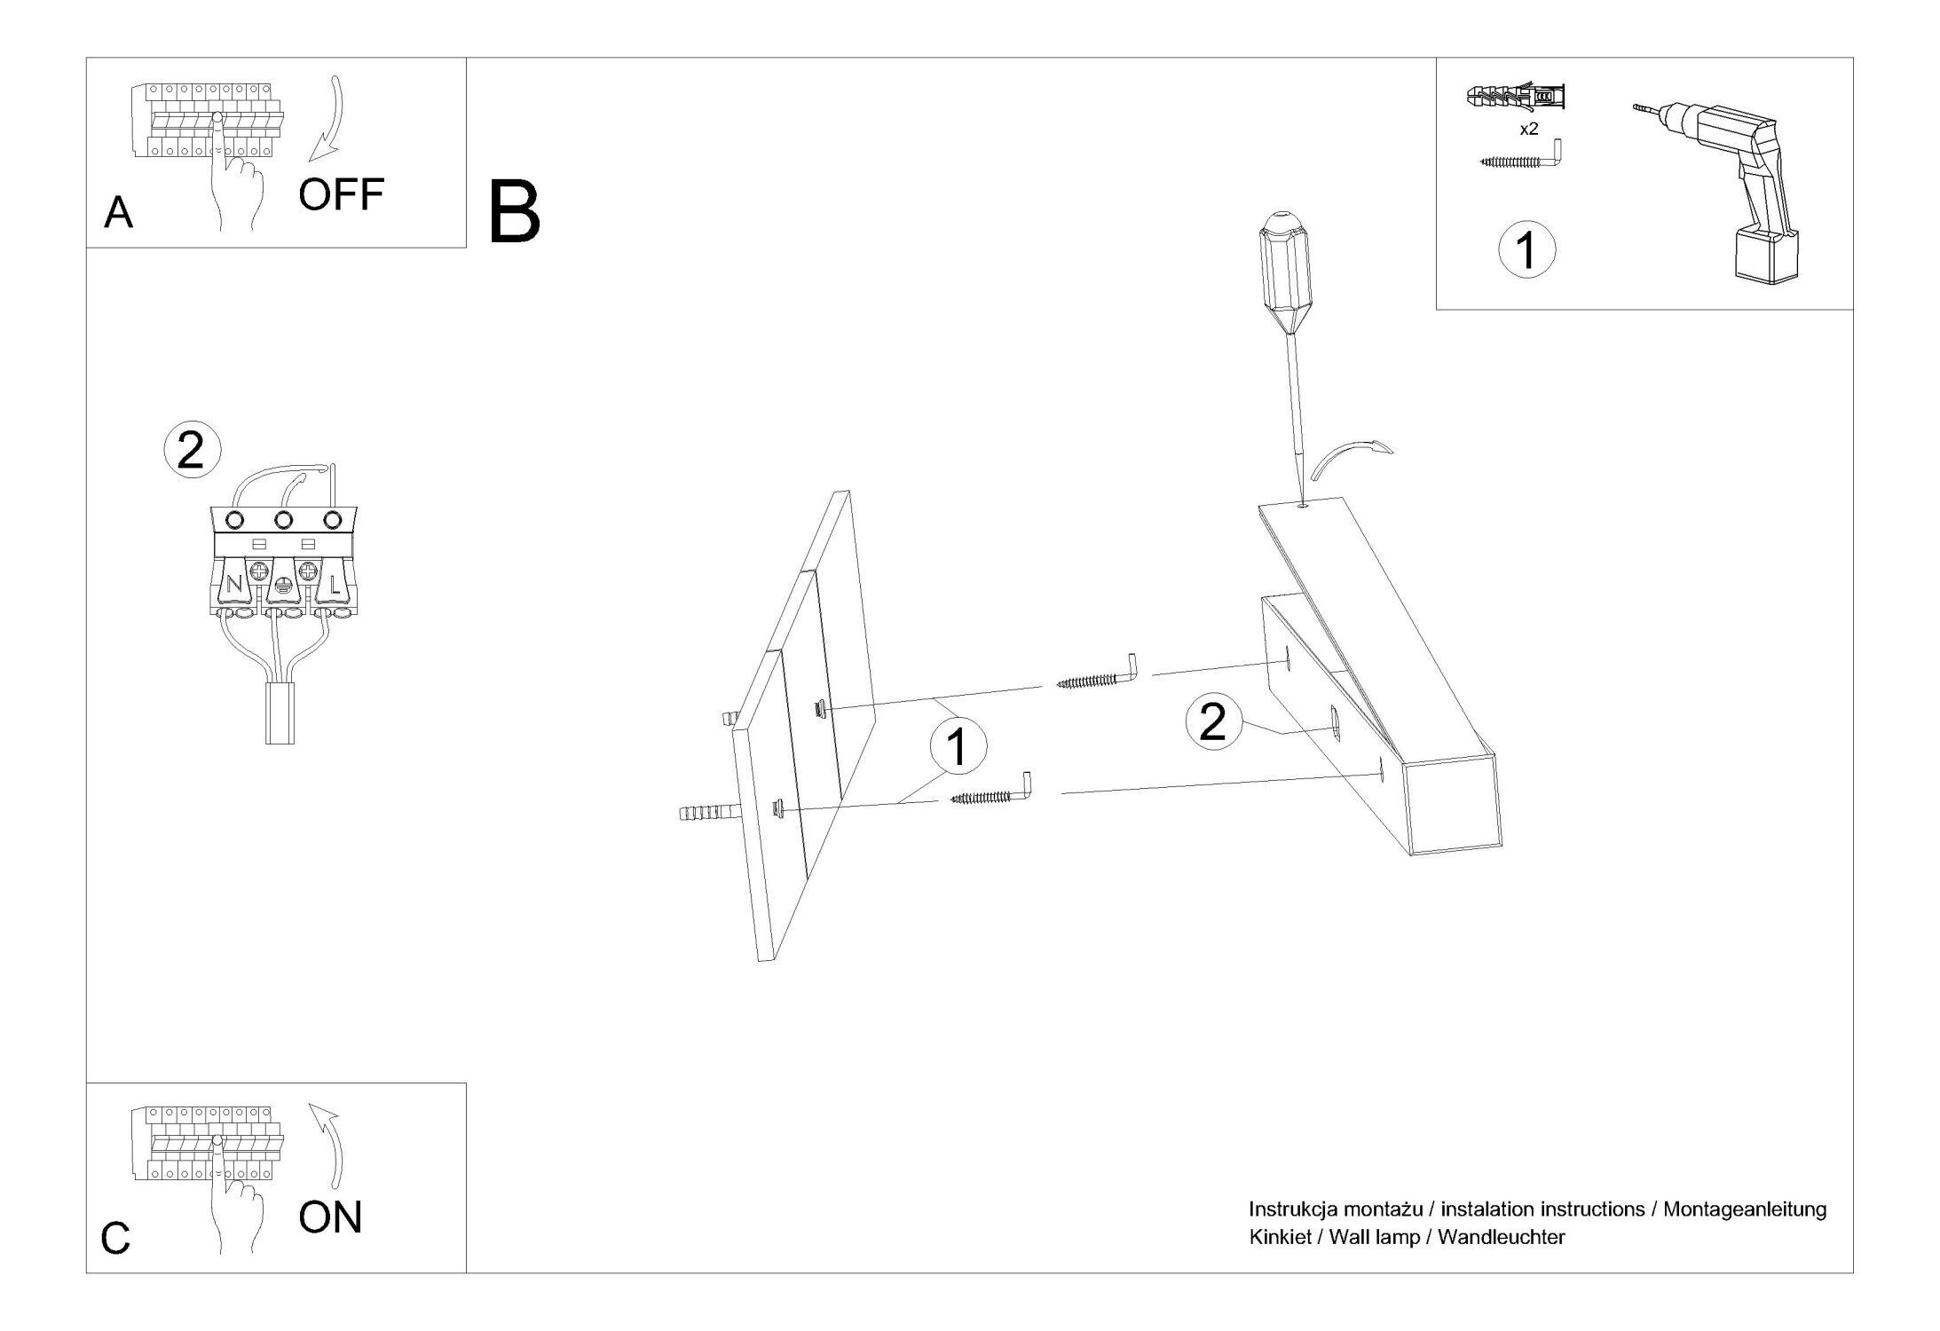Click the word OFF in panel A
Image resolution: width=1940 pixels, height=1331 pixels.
[x=341, y=194]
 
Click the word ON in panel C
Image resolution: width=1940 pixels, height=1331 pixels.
[x=330, y=1217]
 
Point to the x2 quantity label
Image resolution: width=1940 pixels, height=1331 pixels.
[x=1528, y=130]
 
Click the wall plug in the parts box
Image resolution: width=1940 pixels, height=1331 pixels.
[x=1515, y=95]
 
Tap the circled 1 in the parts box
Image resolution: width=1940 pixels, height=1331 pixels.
[x=1526, y=250]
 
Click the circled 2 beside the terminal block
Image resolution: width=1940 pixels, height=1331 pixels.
[x=191, y=450]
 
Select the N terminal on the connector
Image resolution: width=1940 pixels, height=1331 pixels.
[x=234, y=585]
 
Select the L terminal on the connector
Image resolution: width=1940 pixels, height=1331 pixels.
[x=334, y=585]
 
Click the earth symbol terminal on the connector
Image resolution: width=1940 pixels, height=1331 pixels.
[x=283, y=586]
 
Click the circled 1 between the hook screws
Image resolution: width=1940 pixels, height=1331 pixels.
[x=957, y=746]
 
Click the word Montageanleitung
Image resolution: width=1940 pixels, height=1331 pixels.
[x=1744, y=1209]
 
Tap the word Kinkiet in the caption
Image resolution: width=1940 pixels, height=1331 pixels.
[x=1280, y=1236]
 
